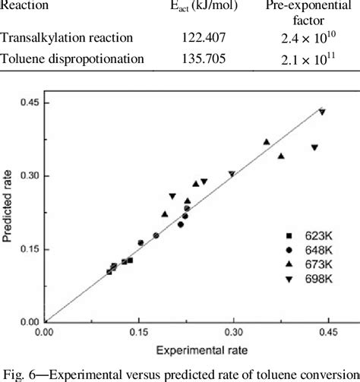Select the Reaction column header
click(27, 7)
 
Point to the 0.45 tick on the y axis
click(30, 103)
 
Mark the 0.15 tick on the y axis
click(30, 248)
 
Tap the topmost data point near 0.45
click(322, 112)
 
